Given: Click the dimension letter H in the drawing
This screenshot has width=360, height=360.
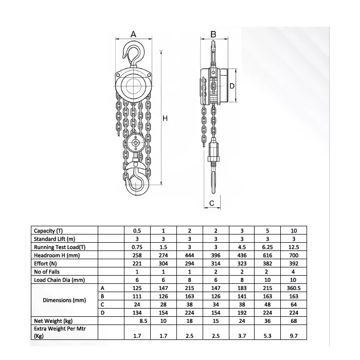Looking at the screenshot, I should [x=165, y=118].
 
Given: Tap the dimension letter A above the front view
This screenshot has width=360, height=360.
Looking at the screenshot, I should [x=133, y=34].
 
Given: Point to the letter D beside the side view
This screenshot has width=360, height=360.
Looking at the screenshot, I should [x=232, y=86].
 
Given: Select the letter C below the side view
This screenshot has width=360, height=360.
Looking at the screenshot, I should [x=212, y=204].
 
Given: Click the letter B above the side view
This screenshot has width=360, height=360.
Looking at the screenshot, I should [x=213, y=34].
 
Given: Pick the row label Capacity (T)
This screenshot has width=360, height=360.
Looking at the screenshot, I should [x=51, y=231].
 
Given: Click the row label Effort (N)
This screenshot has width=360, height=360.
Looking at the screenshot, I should [x=46, y=263].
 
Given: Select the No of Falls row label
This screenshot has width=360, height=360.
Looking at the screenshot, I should [x=48, y=272].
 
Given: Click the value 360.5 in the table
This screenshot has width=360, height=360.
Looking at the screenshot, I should [x=293, y=288].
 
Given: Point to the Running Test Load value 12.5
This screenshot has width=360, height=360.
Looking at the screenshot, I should [x=293, y=247].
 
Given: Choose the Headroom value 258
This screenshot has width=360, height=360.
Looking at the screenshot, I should [x=137, y=255].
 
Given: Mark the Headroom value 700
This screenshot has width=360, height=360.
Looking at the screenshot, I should [x=293, y=255].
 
